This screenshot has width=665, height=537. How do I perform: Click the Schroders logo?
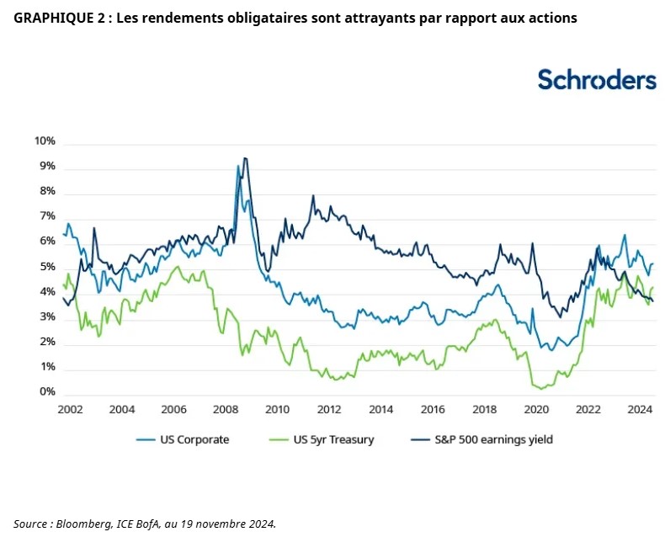596,79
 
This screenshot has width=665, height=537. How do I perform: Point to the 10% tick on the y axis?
45,141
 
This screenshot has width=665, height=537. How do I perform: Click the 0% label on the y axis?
47,392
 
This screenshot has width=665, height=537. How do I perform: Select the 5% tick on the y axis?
47,267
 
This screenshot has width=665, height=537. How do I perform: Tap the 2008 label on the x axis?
226,410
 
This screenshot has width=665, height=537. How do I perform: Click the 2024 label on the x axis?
640,410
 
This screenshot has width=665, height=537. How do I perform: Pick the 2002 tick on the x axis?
71,410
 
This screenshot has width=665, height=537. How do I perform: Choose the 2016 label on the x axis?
433,410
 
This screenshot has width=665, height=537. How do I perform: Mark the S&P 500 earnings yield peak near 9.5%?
245,158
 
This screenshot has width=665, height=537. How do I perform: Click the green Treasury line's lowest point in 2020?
539,388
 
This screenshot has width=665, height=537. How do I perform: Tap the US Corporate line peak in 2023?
625,236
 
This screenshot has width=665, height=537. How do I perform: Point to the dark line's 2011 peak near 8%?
313,197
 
